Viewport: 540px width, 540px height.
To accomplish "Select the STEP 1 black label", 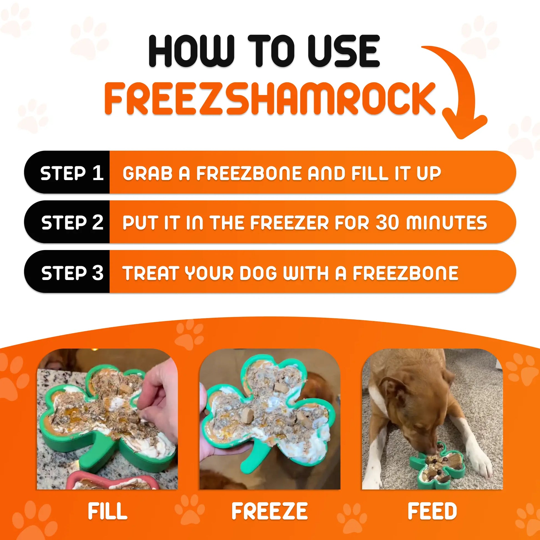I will (72, 173).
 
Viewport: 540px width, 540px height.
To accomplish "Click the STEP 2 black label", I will (72, 223).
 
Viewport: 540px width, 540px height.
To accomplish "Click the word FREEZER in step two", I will (289, 223).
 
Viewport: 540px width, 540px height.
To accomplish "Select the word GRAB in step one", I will (148, 173).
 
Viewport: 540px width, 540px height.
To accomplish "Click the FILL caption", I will (107, 511).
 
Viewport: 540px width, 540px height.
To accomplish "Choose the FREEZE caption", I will (269, 511).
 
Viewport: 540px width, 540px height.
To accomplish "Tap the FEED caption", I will (432, 511).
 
